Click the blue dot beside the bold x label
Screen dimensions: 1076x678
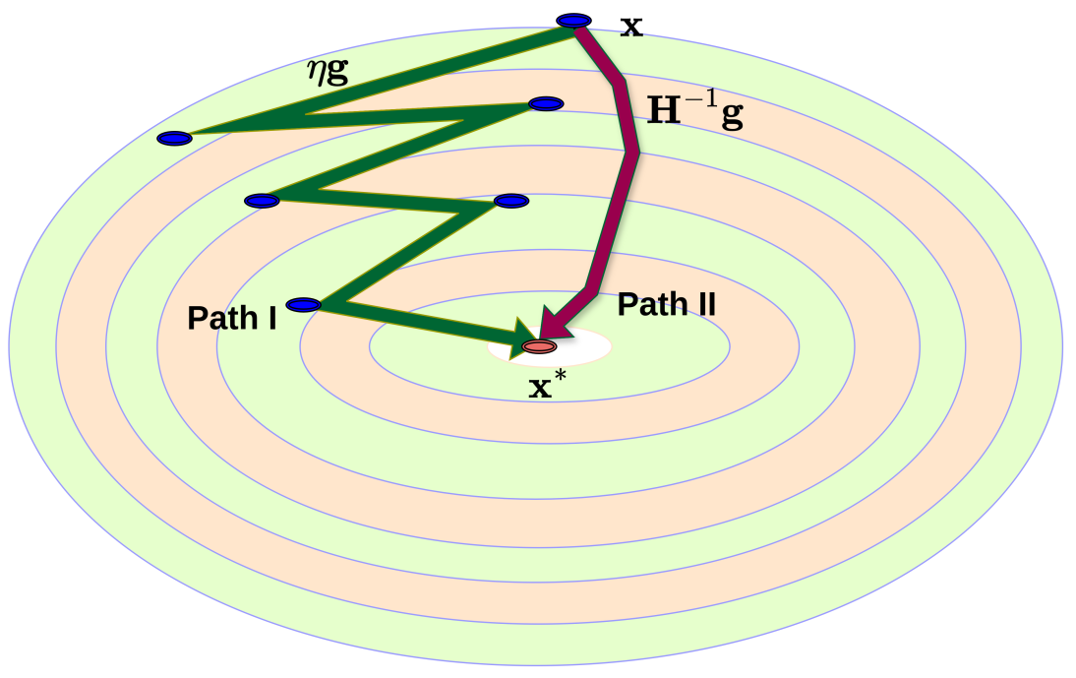573,21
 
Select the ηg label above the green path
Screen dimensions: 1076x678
328,70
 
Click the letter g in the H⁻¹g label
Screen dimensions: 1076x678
732,115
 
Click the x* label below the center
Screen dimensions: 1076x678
548,385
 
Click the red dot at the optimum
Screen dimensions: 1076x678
539,346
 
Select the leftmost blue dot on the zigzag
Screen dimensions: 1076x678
174,139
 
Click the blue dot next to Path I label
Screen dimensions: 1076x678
303,305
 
